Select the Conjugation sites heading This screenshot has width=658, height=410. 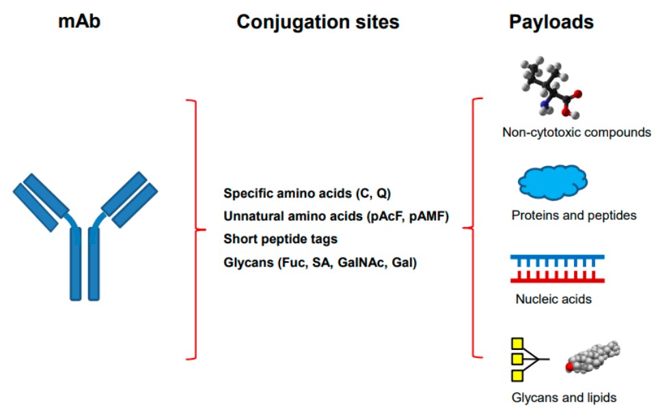tap(318, 22)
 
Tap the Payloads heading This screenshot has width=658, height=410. tap(551, 22)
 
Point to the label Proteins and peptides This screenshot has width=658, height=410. tap(574, 216)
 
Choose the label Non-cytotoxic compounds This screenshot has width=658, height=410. tap(576, 132)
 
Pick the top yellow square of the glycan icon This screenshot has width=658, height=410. tap(518, 343)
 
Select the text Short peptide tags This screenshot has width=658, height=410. tap(281, 239)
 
